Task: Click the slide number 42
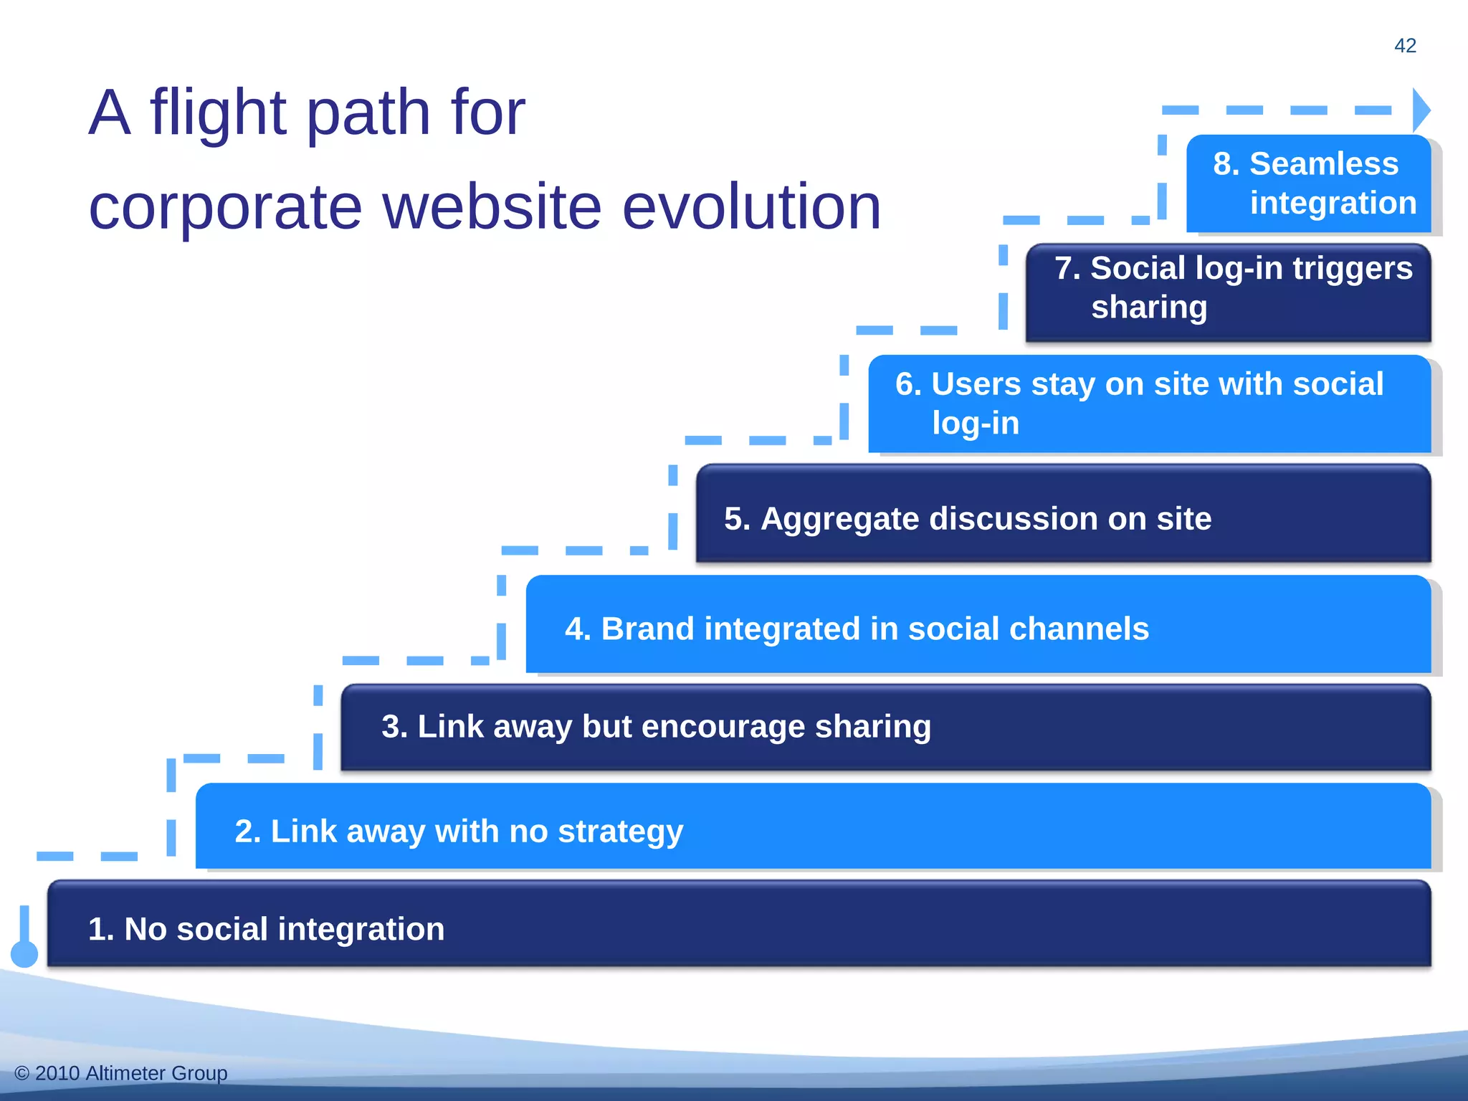point(1405,46)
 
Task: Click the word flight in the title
point(219,113)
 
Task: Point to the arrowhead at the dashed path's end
point(1421,110)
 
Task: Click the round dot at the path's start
point(24,954)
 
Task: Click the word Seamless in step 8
point(1324,164)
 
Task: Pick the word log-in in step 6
point(976,424)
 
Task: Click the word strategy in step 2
point(620,832)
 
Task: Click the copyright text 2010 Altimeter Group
point(130,1073)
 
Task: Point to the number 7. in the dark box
point(1067,269)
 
